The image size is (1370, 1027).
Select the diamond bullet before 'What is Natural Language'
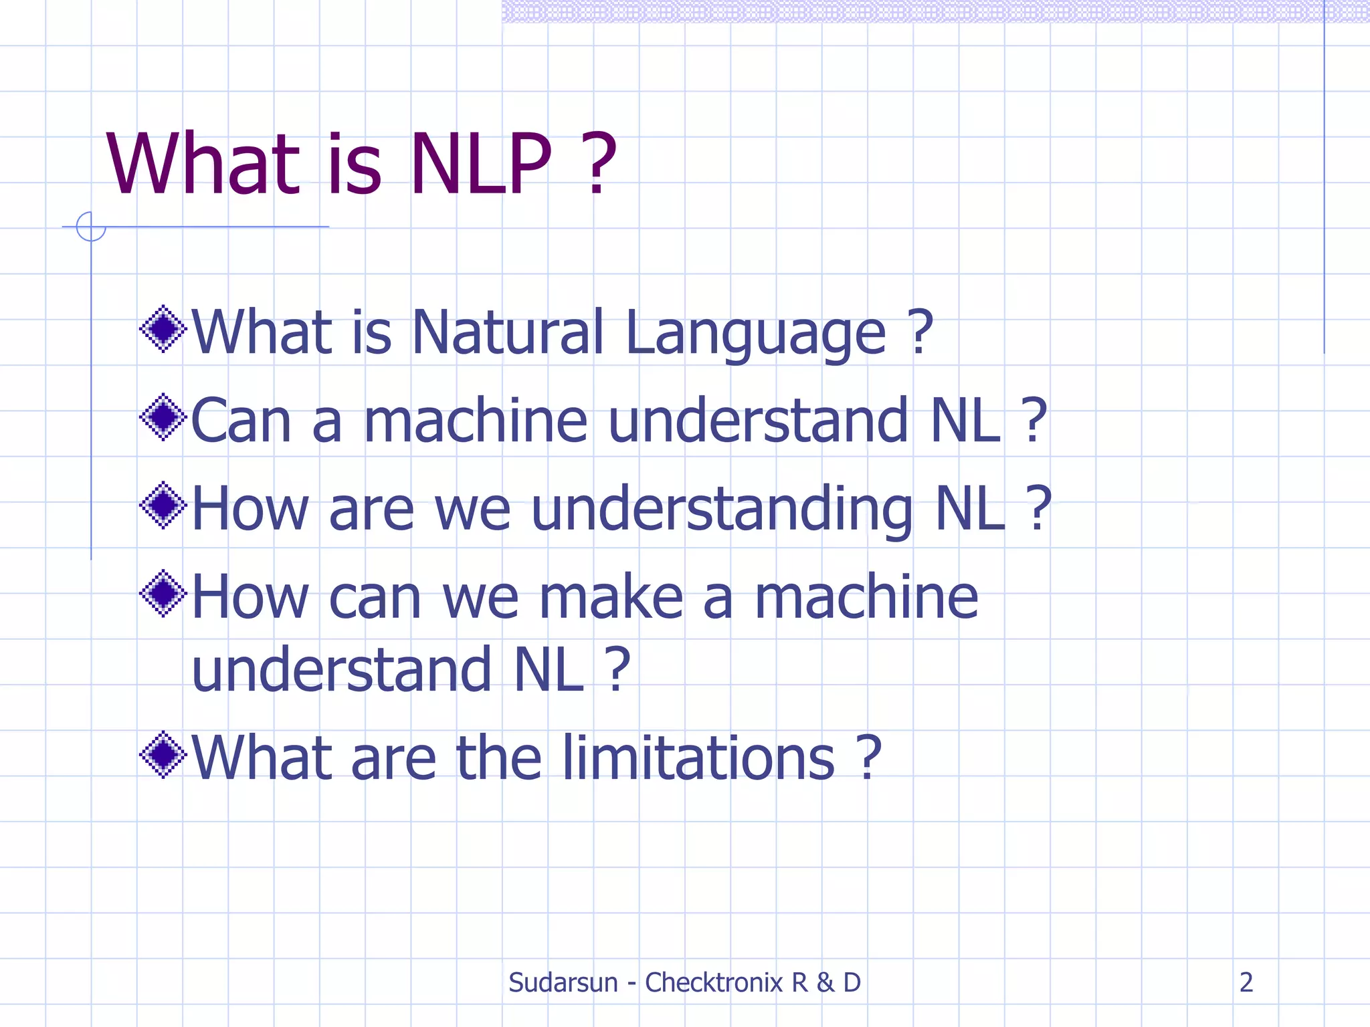pyautogui.click(x=163, y=329)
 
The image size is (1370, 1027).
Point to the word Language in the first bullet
pyautogui.click(x=756, y=334)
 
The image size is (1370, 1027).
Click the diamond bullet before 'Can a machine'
pyautogui.click(x=163, y=417)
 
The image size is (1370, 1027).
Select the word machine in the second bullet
pyautogui.click(x=476, y=421)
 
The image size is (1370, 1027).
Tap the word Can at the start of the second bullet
pyautogui.click(x=241, y=421)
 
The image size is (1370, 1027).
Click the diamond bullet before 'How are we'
pyautogui.click(x=163, y=505)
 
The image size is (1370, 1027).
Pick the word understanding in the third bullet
pyautogui.click(x=722, y=509)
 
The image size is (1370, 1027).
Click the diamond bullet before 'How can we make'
pyautogui.click(x=163, y=594)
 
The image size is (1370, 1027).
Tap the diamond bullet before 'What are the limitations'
pyautogui.click(x=163, y=755)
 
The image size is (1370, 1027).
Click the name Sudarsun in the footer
pyautogui.click(x=563, y=983)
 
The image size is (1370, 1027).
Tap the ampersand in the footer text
pyautogui.click(x=825, y=983)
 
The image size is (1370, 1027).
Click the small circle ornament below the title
pyautogui.click(x=91, y=227)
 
